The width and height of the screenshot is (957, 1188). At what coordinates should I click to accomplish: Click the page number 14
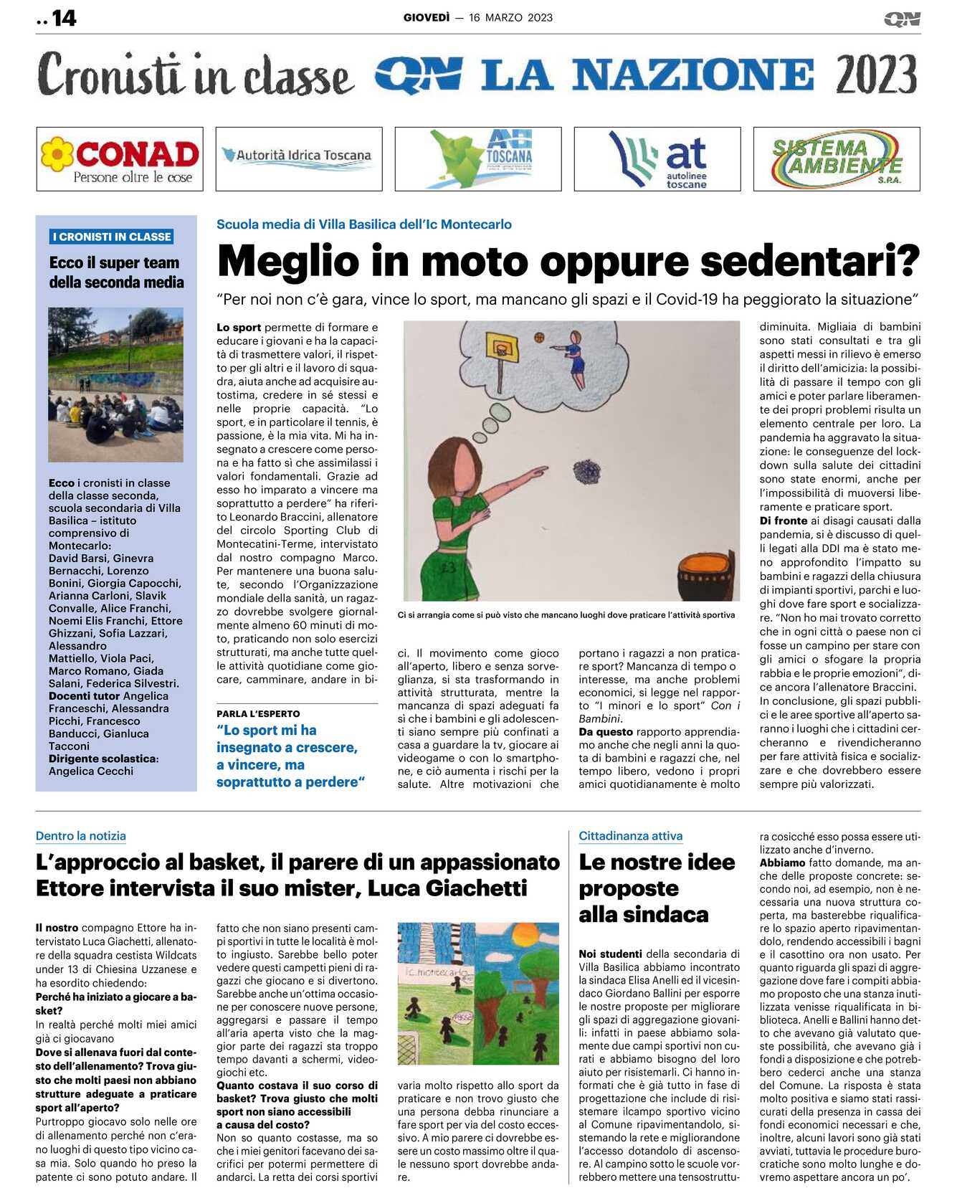pos(64,18)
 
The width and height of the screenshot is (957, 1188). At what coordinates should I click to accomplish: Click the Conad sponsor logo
pos(120,159)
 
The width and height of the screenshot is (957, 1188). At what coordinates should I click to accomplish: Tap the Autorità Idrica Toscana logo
pos(299,158)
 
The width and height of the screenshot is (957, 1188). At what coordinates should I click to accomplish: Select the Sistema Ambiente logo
pos(837,159)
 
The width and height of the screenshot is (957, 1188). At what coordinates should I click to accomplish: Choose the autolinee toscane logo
pos(657,159)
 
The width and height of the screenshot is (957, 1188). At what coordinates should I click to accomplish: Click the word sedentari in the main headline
pos(809,262)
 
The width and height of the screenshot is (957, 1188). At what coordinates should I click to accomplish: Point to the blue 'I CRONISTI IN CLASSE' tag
pos(112,237)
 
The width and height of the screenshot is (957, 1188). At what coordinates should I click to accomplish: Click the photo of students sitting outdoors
pos(115,384)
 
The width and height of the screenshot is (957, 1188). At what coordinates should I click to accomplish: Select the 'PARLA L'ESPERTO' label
pos(258,714)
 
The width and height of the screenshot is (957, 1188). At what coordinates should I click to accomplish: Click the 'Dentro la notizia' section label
pos(81,836)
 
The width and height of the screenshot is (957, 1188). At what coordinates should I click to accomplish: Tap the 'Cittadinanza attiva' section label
pos(630,836)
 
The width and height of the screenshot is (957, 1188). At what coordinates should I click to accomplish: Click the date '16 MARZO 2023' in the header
pos(510,18)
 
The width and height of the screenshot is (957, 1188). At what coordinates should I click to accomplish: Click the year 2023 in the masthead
pos(876,75)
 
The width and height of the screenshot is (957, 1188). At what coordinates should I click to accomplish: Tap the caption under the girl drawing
pos(566,615)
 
